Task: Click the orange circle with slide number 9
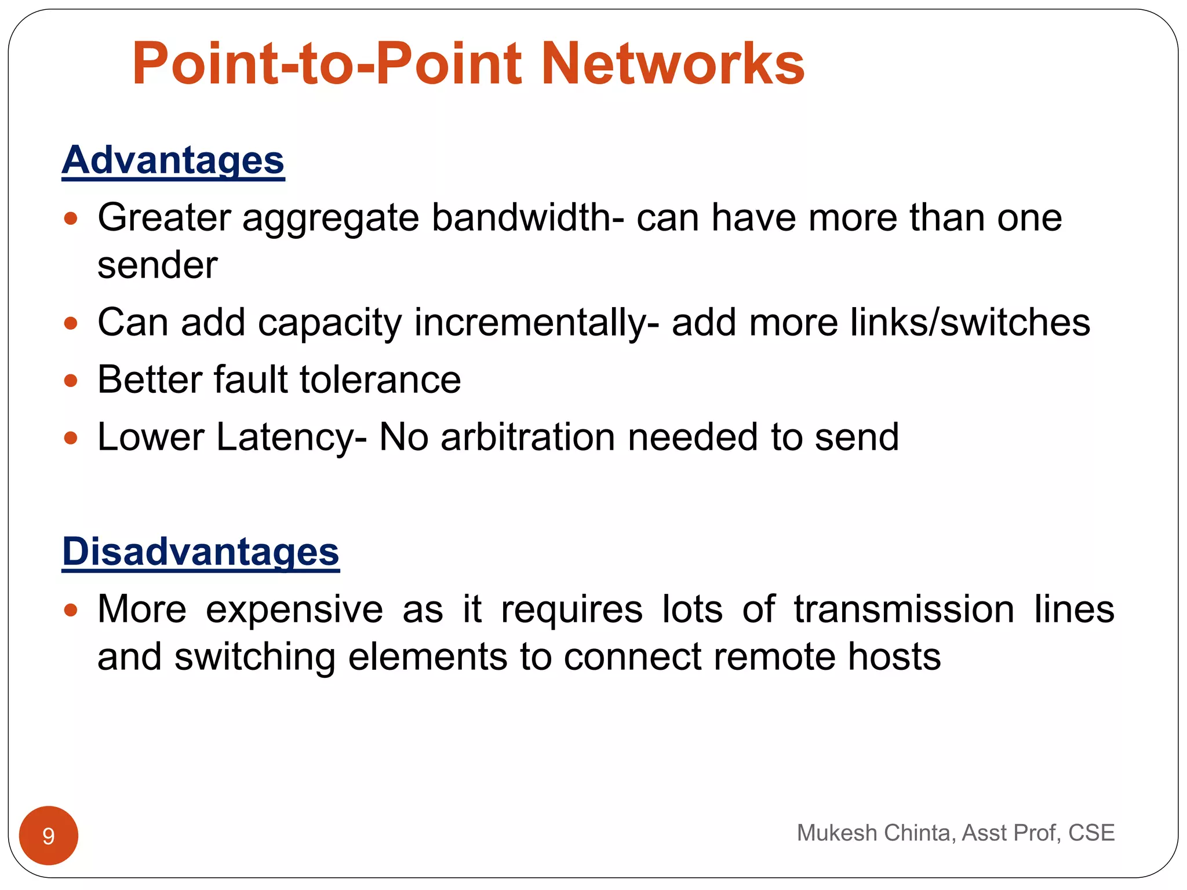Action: pyautogui.click(x=49, y=836)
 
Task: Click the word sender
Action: pyautogui.click(x=157, y=265)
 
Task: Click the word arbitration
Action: pyautogui.click(x=528, y=437)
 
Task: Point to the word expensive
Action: pyautogui.click(x=294, y=610)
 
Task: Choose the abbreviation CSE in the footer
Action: pyautogui.click(x=1091, y=833)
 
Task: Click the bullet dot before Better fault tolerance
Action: pyautogui.click(x=71, y=381)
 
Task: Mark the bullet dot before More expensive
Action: pyautogui.click(x=71, y=610)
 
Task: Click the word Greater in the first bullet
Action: pyautogui.click(x=164, y=218)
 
